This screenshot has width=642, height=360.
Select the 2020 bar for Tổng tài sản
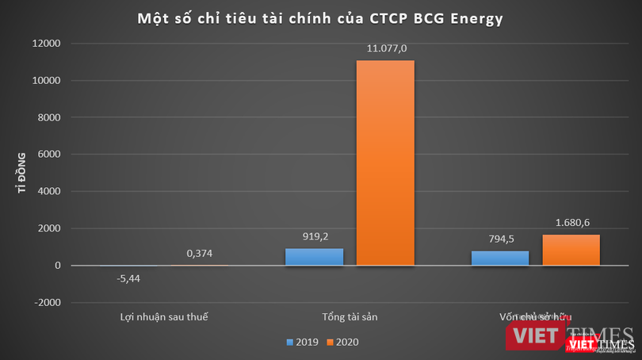[384, 163]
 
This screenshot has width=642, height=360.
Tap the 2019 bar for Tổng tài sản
[314, 257]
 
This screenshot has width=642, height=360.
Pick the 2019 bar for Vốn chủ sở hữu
[499, 259]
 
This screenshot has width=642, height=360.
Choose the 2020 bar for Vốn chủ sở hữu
[571, 250]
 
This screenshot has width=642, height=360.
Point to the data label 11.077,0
[385, 49]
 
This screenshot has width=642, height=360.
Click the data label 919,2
[314, 236]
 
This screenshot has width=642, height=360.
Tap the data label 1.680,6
[571, 223]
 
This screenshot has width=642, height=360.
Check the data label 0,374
[200, 253]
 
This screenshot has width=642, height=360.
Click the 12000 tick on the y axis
[48, 44]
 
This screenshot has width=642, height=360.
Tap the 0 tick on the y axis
[59, 266]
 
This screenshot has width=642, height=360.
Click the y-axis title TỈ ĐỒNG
[21, 173]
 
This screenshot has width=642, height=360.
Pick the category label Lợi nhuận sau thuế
[163, 316]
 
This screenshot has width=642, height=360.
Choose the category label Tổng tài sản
[349, 316]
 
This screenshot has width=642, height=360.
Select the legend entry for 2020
[342, 343]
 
